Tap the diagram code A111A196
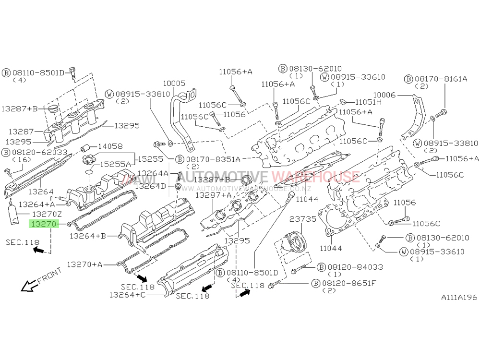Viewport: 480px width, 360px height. point(459,298)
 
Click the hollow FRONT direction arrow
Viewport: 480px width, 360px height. point(28,286)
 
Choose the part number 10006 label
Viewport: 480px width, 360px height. point(384,95)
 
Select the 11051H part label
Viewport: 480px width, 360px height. point(368,102)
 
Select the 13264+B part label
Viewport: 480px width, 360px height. point(87,236)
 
